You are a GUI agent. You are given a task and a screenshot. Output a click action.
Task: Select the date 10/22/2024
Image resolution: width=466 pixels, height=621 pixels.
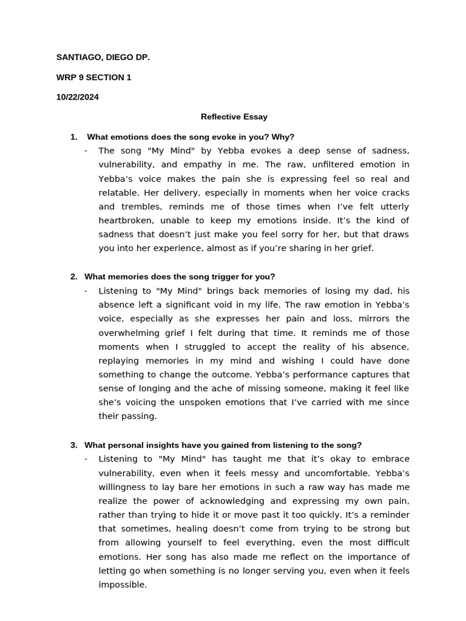click(78, 97)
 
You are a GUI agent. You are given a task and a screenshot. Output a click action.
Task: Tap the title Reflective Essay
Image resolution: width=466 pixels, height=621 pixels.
click(234, 117)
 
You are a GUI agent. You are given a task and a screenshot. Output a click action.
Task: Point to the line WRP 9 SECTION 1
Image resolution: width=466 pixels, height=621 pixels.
click(93, 78)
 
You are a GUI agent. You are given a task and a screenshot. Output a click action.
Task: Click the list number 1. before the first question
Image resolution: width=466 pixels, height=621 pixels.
click(74, 137)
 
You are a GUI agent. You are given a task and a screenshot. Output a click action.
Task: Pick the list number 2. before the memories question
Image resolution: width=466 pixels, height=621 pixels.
click(74, 277)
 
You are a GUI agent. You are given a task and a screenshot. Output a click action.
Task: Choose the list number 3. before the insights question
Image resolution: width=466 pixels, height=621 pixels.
click(74, 445)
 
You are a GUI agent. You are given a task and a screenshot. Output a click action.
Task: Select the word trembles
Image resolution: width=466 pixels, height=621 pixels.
click(140, 206)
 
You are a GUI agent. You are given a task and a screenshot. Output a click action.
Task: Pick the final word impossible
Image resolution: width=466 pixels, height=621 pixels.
click(122, 585)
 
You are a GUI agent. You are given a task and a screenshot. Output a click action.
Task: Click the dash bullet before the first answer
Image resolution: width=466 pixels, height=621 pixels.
click(86, 151)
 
